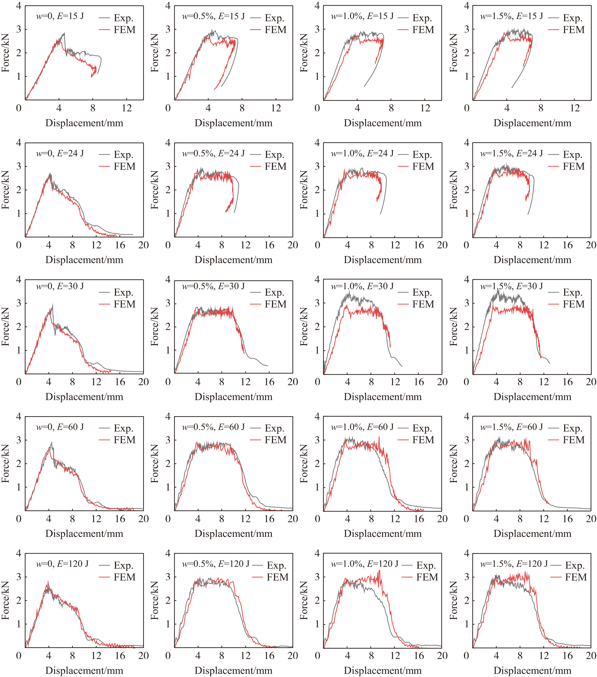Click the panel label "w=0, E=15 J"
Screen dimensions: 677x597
(x=60, y=16)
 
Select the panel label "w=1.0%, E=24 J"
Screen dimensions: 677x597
(x=362, y=153)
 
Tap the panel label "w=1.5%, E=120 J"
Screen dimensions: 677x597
(x=514, y=564)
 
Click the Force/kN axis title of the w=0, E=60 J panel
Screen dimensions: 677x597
(x=6, y=463)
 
